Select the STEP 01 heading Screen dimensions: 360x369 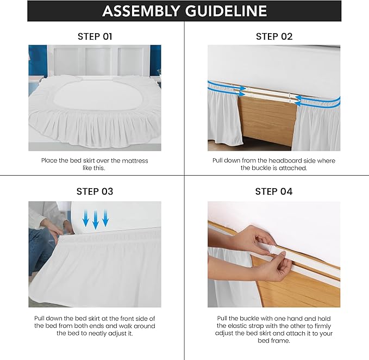pos(95,36)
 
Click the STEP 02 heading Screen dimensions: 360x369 pos(274,36)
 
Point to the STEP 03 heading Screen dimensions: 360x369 pos(95,191)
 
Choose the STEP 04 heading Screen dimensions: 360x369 pos(274,191)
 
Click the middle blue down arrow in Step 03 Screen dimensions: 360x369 pos(96,220)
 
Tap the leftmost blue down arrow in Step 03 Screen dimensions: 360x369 pos(85,219)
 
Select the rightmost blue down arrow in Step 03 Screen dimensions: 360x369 pos(105,219)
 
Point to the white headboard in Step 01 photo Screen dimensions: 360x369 pos(95,60)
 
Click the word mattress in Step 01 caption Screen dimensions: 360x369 pos(132,160)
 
